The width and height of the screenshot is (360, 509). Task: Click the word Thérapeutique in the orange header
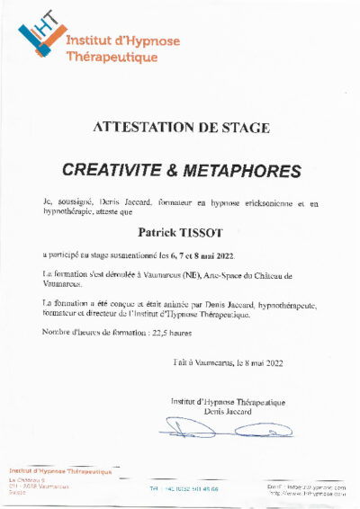[112, 57]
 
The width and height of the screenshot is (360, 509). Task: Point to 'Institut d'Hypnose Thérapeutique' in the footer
[60, 471]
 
